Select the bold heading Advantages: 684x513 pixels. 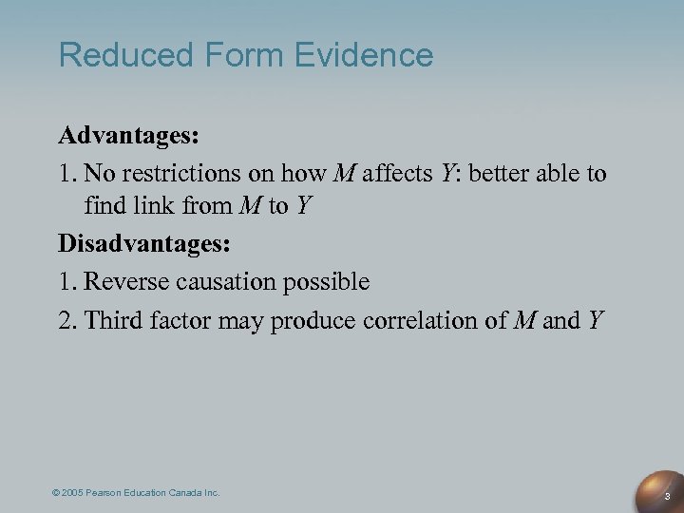[x=128, y=135]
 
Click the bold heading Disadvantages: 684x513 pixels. [x=144, y=243]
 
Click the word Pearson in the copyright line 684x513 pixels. [x=110, y=492]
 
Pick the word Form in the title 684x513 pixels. [x=230, y=54]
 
